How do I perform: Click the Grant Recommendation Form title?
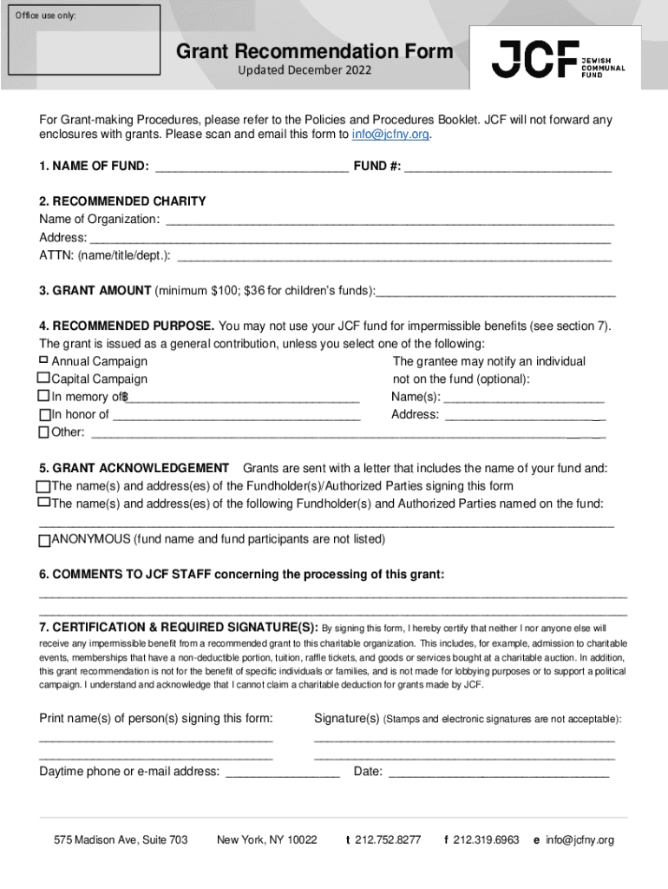[x=314, y=52]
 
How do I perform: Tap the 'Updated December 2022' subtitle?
[x=305, y=69]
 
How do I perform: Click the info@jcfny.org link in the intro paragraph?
[x=390, y=135]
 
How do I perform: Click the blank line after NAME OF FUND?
[x=251, y=166]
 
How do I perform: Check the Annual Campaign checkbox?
[x=44, y=360]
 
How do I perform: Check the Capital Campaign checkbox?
[x=43, y=379]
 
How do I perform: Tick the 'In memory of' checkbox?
[x=43, y=396]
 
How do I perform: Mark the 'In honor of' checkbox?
[x=43, y=414]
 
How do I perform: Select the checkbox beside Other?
[x=43, y=432]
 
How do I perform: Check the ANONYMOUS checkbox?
[x=44, y=539]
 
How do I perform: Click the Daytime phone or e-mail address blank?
[x=283, y=771]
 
